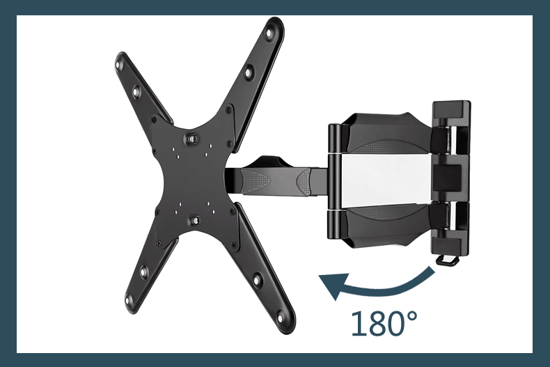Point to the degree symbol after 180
point(410,316)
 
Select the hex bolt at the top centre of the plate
point(191,139)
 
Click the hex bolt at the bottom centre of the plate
point(196,220)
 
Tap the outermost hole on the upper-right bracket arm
point(269,33)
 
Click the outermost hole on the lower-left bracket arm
point(129,300)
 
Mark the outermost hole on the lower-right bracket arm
point(281,318)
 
